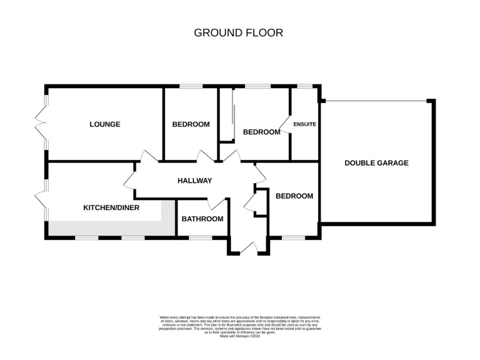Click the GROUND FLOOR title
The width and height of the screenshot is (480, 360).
click(x=239, y=32)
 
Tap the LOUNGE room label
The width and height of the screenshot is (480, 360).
click(x=105, y=124)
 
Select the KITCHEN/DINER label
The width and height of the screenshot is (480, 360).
click(x=111, y=207)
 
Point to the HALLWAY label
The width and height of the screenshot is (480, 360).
click(x=195, y=181)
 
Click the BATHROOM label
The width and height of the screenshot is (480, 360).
click(x=202, y=219)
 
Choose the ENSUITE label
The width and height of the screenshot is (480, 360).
click(x=304, y=124)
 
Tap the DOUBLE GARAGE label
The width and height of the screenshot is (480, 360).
click(x=376, y=163)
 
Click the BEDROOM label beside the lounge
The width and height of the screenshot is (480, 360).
click(x=191, y=124)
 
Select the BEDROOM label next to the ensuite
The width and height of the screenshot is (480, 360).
click(x=261, y=132)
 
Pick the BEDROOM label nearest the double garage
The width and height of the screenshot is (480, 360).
click(x=294, y=196)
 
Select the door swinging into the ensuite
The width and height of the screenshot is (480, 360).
click(x=285, y=125)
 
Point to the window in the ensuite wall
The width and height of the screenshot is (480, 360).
click(x=304, y=86)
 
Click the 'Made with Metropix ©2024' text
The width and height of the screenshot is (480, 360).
click(x=239, y=336)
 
